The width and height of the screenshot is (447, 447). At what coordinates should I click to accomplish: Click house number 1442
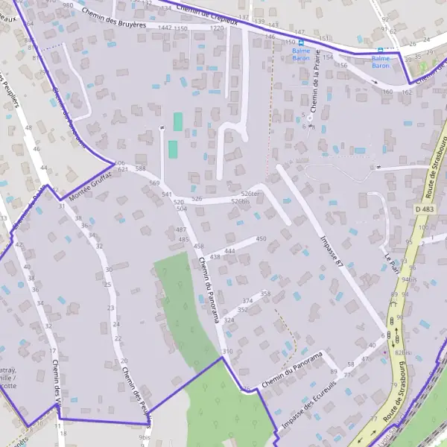[x=165, y=28]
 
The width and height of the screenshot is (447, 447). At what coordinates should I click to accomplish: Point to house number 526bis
[x=240, y=202]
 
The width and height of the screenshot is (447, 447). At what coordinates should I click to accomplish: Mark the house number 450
[x=261, y=238]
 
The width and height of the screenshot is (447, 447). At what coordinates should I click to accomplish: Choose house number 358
[x=266, y=294]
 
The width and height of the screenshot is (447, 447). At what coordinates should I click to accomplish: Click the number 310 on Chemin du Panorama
[x=227, y=351]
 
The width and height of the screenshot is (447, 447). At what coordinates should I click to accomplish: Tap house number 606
[x=120, y=163]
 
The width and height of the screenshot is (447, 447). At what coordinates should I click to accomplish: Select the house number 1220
[x=217, y=28]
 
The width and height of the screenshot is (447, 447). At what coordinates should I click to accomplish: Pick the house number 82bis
[x=403, y=352]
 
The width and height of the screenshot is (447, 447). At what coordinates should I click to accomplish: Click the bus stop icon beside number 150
[x=301, y=43]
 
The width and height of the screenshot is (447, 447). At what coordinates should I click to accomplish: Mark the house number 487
[x=180, y=229]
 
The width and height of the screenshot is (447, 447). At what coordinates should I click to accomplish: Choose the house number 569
[x=154, y=183]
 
